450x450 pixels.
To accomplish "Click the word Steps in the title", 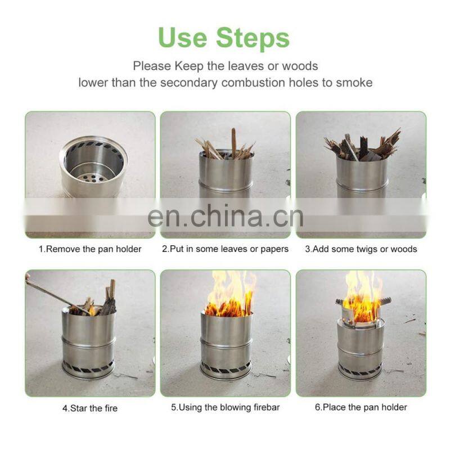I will click(254, 38).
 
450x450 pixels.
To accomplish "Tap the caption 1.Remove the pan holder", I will click(90, 249).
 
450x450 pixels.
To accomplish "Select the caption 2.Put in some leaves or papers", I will click(225, 249).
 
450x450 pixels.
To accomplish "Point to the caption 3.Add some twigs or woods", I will click(361, 249).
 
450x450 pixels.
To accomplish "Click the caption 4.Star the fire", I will click(89, 407).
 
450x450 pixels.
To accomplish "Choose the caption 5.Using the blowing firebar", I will click(225, 407).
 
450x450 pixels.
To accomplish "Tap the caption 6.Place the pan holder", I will click(361, 407).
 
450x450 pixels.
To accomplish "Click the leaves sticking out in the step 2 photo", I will click(225, 146).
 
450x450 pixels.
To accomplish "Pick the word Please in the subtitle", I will click(152, 66).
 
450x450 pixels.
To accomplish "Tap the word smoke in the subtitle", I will click(355, 82).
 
